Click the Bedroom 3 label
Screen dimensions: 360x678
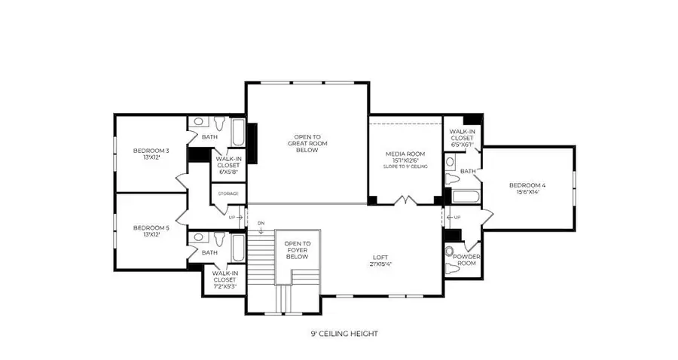[x=151, y=154]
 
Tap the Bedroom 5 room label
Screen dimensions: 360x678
[x=151, y=230]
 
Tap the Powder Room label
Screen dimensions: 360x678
[x=466, y=260]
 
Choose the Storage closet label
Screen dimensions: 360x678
[x=228, y=194]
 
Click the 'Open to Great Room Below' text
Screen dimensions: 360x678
[x=307, y=143]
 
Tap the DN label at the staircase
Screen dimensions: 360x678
[x=261, y=223]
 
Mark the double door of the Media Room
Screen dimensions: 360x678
[x=405, y=201]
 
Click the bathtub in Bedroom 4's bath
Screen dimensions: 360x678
[x=460, y=197]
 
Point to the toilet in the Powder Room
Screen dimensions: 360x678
[x=450, y=250]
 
